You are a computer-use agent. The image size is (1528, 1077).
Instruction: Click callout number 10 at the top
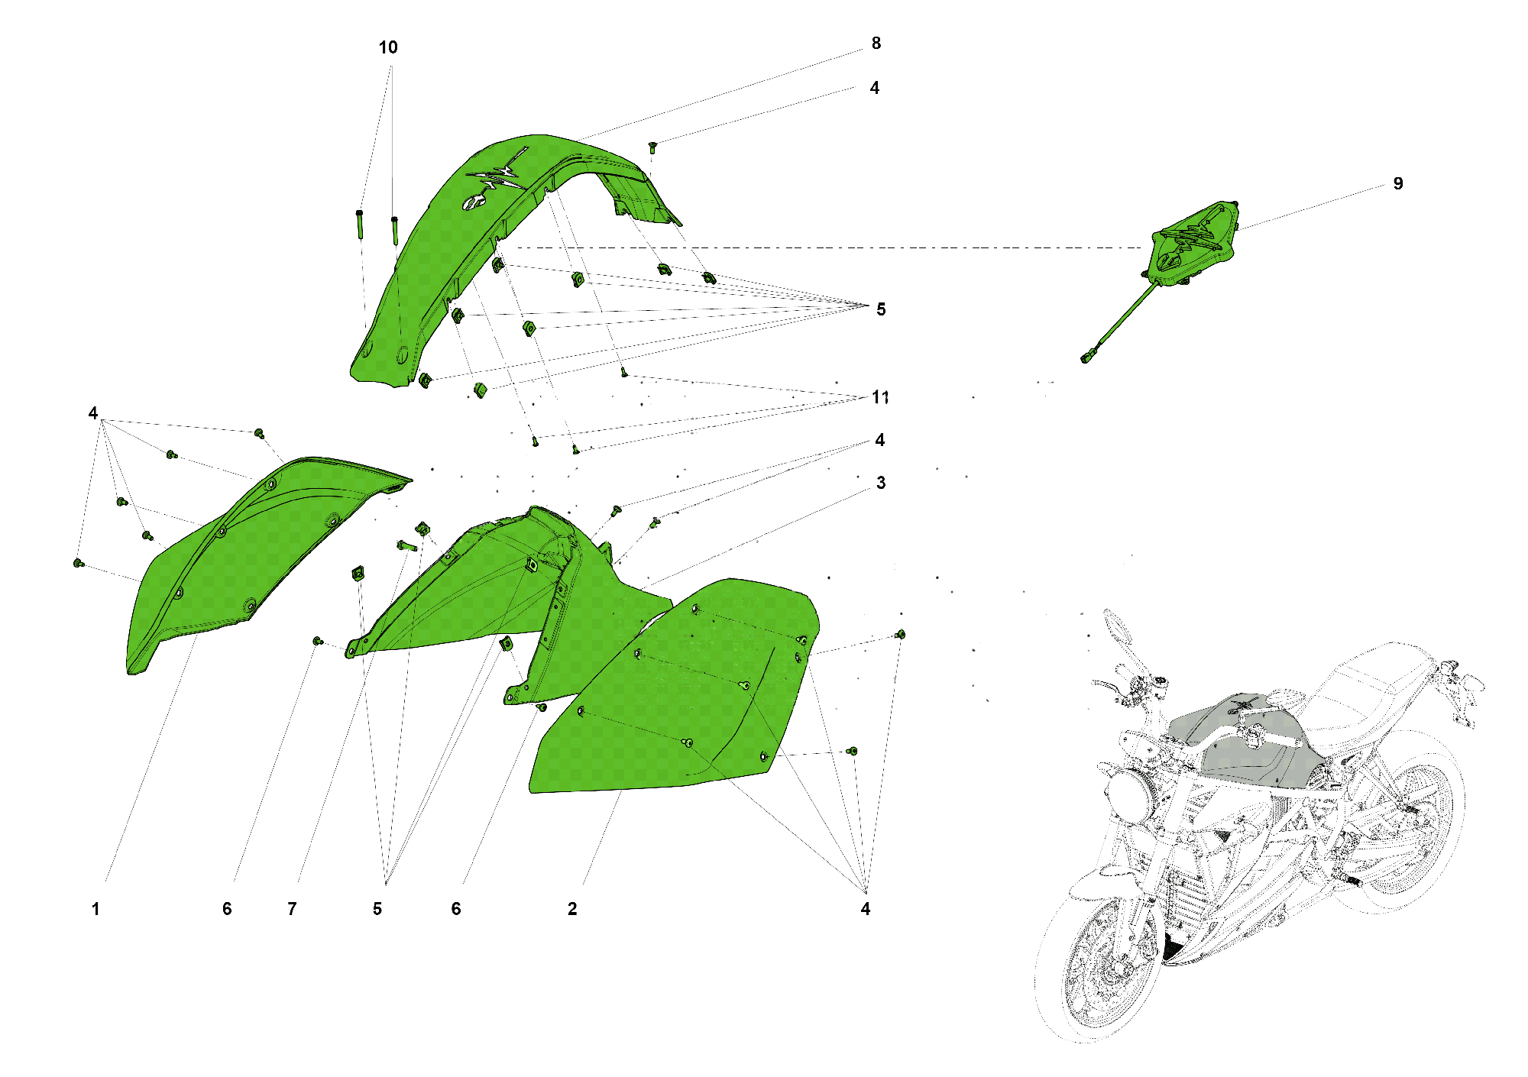click(x=388, y=47)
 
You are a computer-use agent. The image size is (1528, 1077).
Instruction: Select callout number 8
click(x=876, y=44)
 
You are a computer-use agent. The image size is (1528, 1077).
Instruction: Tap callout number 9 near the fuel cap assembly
click(x=1397, y=183)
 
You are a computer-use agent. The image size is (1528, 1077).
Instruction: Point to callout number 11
click(x=880, y=397)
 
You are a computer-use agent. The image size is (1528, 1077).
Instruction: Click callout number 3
click(x=881, y=483)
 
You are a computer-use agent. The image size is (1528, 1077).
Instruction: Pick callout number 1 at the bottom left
click(x=95, y=909)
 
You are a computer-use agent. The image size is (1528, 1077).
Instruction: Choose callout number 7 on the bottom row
click(x=292, y=909)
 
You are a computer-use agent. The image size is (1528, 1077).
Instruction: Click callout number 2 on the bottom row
click(x=572, y=909)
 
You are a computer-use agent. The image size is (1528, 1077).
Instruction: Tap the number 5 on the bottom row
click(x=377, y=909)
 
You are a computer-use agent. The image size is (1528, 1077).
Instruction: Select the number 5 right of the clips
click(x=881, y=309)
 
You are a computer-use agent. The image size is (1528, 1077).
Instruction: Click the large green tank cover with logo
click(x=458, y=252)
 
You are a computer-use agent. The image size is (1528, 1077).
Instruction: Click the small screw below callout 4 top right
click(x=652, y=147)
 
